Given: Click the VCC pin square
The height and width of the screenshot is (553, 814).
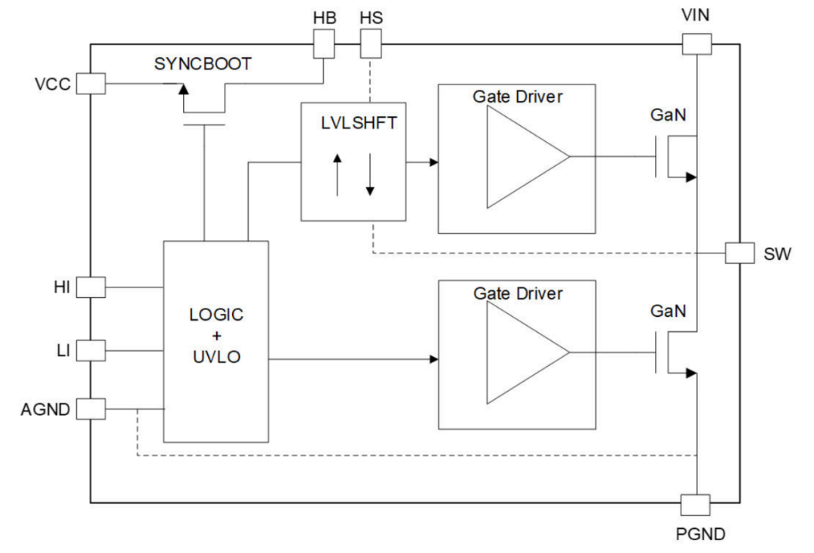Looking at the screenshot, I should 91,84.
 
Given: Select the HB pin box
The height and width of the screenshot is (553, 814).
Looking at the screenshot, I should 323,47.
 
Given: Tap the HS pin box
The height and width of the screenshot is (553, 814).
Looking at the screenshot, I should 372,47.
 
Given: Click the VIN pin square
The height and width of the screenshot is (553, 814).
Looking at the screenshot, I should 696,44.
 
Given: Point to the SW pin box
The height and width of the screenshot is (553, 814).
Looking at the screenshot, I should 739,253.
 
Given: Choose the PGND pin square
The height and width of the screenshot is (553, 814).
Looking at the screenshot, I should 695,505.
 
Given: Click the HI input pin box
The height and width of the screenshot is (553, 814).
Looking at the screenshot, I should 91,287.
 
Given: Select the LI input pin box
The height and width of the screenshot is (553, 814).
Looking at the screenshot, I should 91,350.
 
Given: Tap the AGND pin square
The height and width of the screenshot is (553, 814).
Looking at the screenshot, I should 91,409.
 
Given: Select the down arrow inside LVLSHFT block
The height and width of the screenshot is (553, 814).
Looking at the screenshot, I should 369,174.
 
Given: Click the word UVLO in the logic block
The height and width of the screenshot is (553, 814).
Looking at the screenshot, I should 216,357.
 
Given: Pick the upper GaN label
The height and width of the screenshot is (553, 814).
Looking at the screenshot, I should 668,116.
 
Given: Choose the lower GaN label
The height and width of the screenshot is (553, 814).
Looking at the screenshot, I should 668,311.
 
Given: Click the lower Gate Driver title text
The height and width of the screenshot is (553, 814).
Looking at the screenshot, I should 517,293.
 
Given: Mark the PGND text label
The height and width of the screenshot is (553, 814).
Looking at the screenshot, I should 700,535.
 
